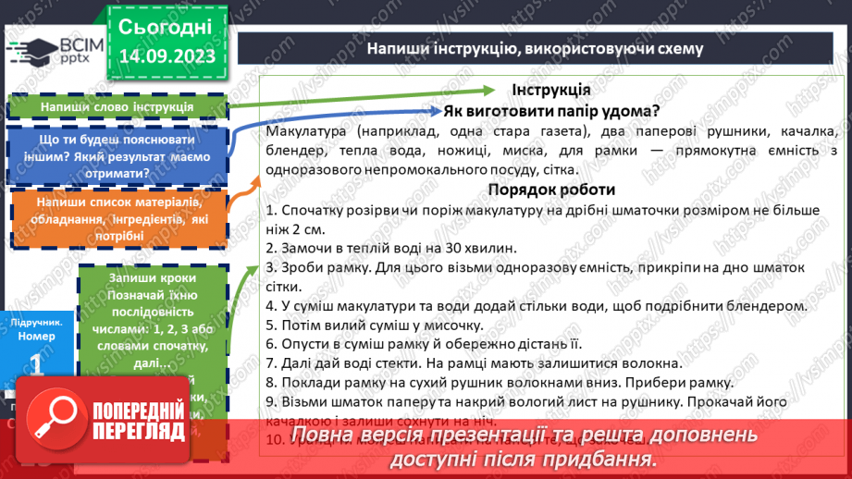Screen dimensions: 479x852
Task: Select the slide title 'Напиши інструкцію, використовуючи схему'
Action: click(x=536, y=48)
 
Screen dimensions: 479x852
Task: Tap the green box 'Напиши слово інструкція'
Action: click(x=117, y=107)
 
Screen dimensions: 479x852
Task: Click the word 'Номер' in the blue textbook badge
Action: click(x=35, y=337)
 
